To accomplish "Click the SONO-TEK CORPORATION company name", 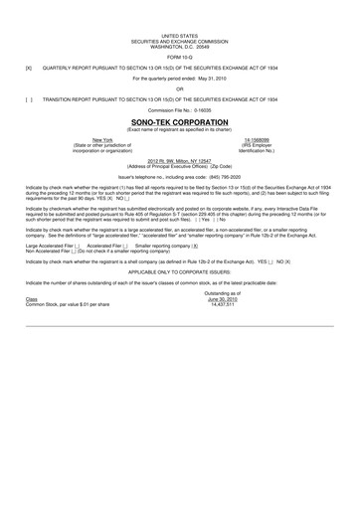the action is coord(179,123).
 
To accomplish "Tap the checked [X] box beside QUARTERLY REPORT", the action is coord(29,69).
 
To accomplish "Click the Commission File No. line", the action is coord(179,110).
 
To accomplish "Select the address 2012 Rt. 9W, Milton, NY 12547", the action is coord(179,160).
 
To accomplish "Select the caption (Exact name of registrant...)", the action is coord(179,130).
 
